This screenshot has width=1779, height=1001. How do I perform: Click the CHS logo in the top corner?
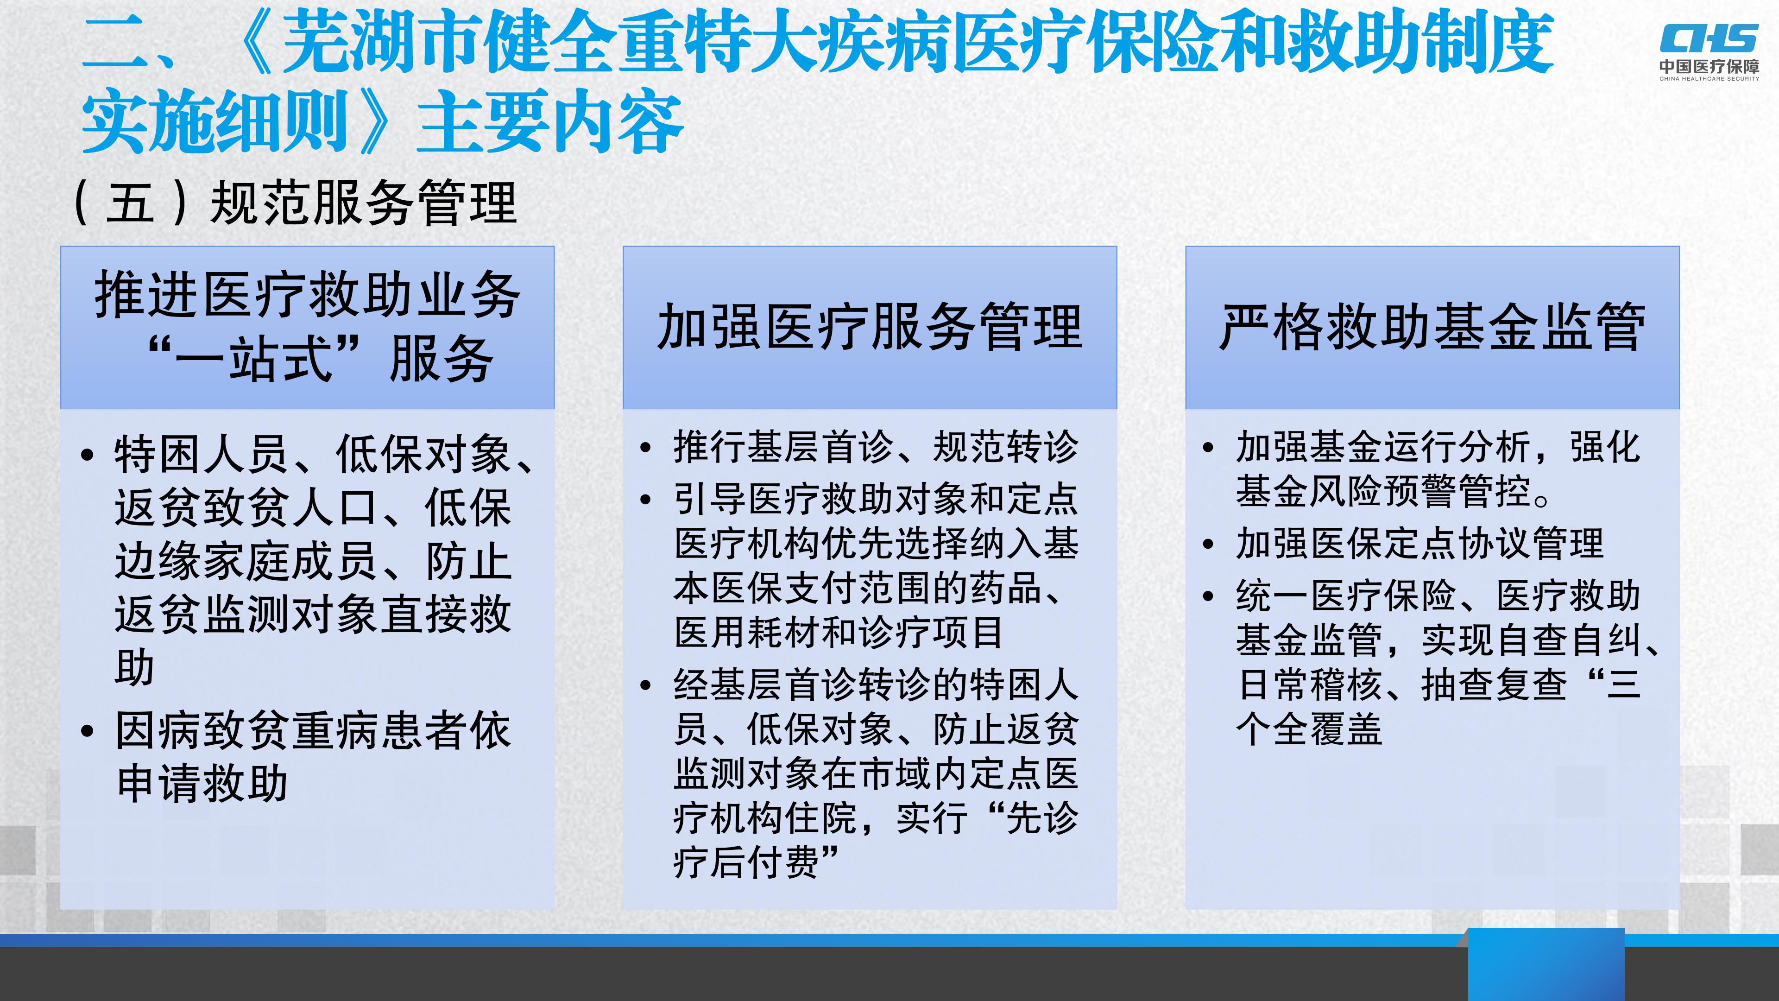[x=1709, y=38]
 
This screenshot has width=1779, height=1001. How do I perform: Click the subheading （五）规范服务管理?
[x=295, y=203]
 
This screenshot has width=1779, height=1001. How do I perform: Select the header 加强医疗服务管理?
[x=870, y=327]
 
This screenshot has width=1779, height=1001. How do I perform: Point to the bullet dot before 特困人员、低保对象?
[x=87, y=455]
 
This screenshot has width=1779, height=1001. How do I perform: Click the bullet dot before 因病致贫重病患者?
[x=87, y=731]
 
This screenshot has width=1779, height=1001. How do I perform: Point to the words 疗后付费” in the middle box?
[x=756, y=862]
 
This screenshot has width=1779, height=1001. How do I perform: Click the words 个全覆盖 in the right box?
[x=1309, y=729]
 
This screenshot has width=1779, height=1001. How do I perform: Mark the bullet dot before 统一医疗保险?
[x=1208, y=596]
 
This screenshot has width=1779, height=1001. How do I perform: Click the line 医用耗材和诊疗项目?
[x=838, y=632]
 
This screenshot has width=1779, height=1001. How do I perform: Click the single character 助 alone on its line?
[x=134, y=667]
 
